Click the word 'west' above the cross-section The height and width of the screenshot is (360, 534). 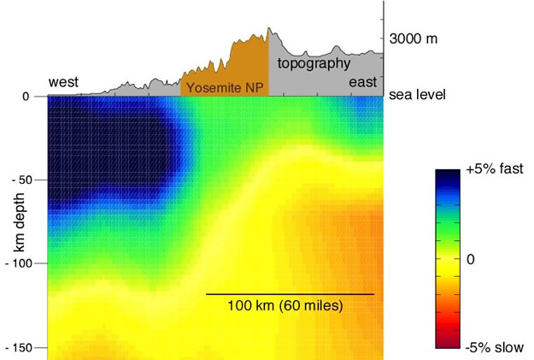[x=64, y=82]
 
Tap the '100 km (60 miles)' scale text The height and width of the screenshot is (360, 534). [x=285, y=306]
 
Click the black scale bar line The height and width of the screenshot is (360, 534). [x=290, y=294]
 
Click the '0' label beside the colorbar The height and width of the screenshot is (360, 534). [x=471, y=258]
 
